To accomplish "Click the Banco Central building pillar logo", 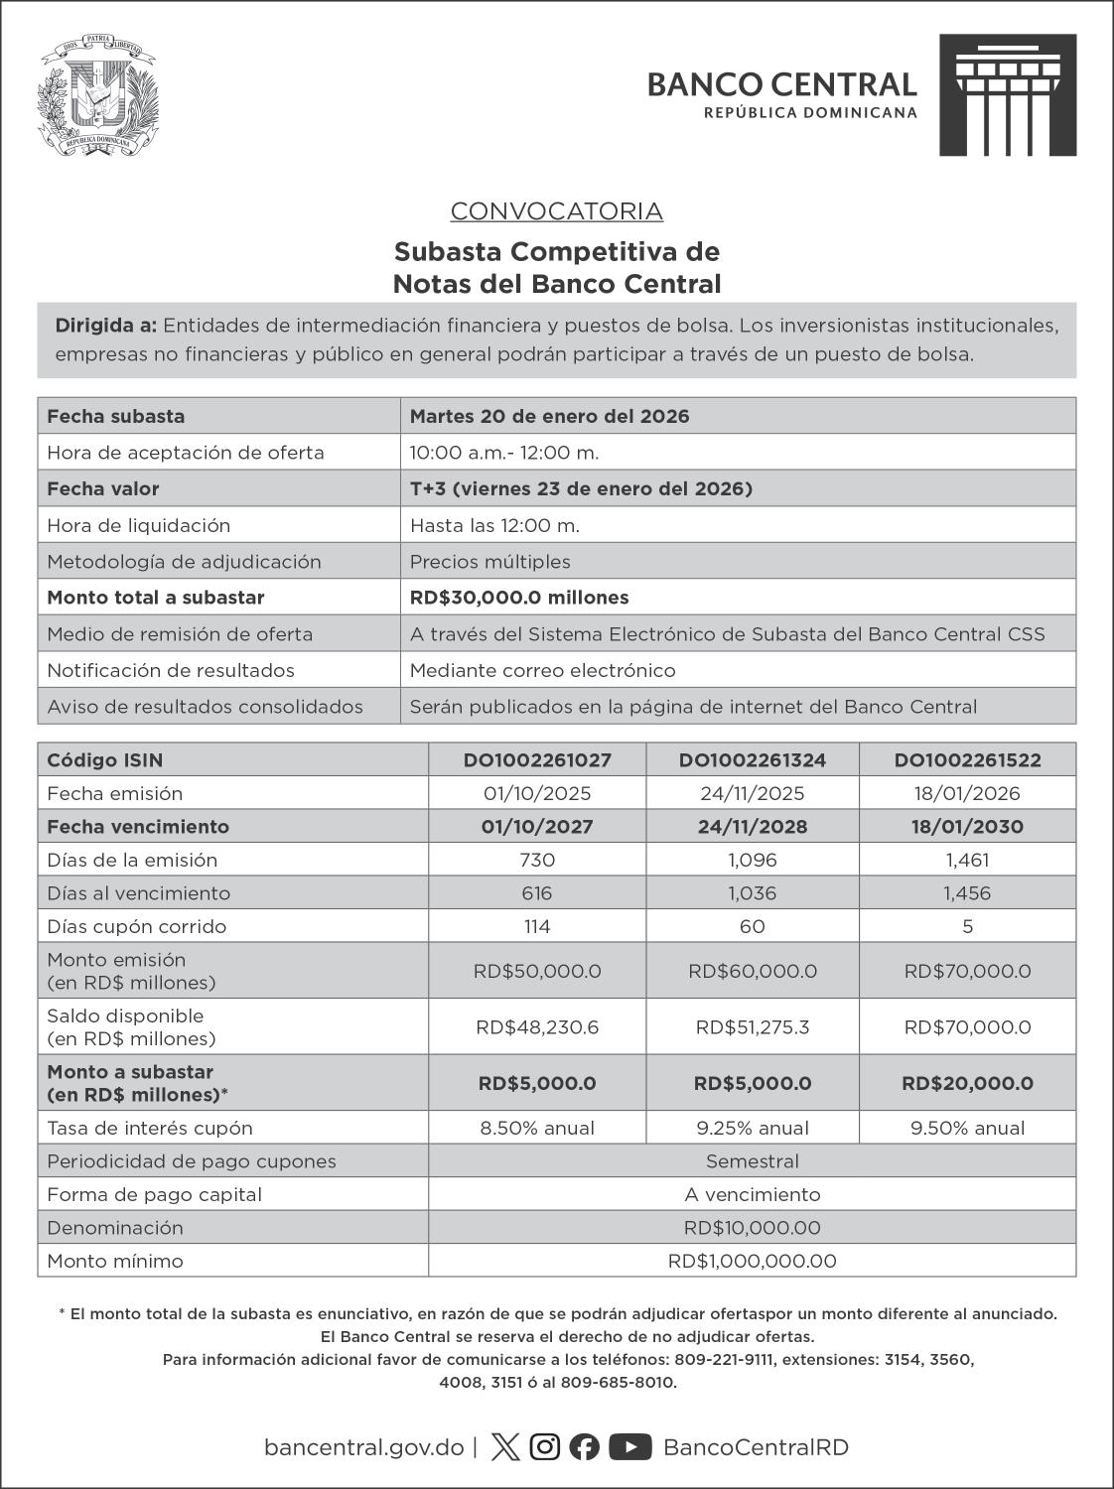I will tap(1007, 95).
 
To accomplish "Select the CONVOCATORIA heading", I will tap(556, 211).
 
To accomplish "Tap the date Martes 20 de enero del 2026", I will tap(549, 416).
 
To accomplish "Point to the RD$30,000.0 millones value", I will tap(518, 598).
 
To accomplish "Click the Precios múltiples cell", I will tap(489, 562).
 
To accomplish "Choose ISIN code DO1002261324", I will tap(752, 760).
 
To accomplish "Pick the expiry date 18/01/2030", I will tap(967, 827).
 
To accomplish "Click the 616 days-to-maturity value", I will tap(536, 893).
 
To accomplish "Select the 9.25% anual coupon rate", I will tap(752, 1129).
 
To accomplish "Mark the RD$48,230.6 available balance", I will tap(536, 1027).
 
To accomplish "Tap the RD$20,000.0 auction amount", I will tap(967, 1084).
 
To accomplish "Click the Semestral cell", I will tap(752, 1161).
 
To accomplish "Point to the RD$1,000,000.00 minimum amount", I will tap(752, 1262).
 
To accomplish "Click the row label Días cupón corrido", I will tap(136, 927).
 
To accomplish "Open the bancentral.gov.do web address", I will tap(363, 1447).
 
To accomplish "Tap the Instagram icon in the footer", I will tap(544, 1447).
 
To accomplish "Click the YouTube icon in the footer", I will tap(629, 1447).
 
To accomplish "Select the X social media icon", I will tap(504, 1447).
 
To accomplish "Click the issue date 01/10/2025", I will tap(536, 794).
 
